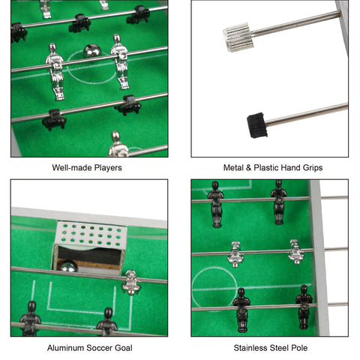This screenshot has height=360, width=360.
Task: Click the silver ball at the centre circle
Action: (x=92, y=51)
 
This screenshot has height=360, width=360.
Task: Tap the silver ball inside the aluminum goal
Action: (x=67, y=266)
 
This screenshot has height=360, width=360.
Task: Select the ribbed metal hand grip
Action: (x=238, y=37)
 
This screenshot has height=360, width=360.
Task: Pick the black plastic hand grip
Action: (x=257, y=125)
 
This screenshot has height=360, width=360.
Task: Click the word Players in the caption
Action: (x=108, y=168)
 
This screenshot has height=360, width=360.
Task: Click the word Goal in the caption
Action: (x=124, y=348)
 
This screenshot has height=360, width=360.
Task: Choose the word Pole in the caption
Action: (x=299, y=348)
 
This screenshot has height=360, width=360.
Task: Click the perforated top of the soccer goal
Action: (x=91, y=234)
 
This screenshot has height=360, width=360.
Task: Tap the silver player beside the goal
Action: (x=131, y=283)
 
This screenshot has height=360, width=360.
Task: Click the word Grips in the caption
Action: (x=313, y=167)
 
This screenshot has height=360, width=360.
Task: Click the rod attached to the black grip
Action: (x=307, y=115)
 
